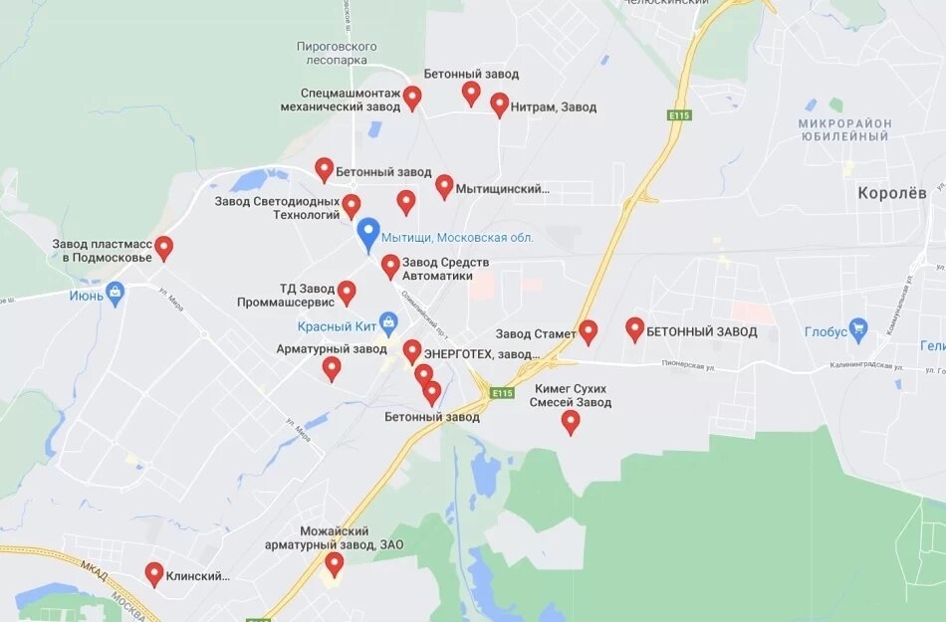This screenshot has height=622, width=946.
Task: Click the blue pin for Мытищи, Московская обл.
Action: [x=368, y=234]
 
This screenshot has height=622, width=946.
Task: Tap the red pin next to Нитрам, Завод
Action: [x=500, y=104]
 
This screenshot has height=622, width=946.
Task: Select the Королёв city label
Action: [x=892, y=193]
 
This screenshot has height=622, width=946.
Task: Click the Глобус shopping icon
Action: [x=859, y=329]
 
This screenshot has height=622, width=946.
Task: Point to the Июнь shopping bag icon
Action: [x=116, y=294]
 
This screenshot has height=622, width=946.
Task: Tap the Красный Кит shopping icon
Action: [x=388, y=323]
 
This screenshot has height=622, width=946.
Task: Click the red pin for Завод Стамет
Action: [x=589, y=331]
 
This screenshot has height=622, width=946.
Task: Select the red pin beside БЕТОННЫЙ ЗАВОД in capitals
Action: [x=635, y=329]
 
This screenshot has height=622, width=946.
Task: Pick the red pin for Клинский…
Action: [x=154, y=573]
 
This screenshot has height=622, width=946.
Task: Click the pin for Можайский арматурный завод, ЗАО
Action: [x=335, y=564]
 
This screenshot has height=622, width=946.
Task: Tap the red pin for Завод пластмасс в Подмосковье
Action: [x=164, y=248]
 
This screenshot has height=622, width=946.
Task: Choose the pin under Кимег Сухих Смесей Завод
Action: [x=571, y=422]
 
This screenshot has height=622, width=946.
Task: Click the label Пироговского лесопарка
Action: [x=337, y=53]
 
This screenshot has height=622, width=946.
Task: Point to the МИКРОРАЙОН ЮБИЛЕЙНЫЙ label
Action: [x=843, y=129]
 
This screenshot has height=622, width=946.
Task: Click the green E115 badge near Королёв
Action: [x=679, y=115]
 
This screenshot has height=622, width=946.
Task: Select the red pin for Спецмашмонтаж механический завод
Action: [x=412, y=98]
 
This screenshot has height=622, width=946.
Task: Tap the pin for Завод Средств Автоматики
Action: [x=390, y=266]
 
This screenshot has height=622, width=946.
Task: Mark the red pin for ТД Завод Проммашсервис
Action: [x=347, y=293]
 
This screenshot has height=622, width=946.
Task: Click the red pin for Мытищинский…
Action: [x=444, y=186]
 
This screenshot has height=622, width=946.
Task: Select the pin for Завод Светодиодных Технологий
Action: [x=352, y=206]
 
